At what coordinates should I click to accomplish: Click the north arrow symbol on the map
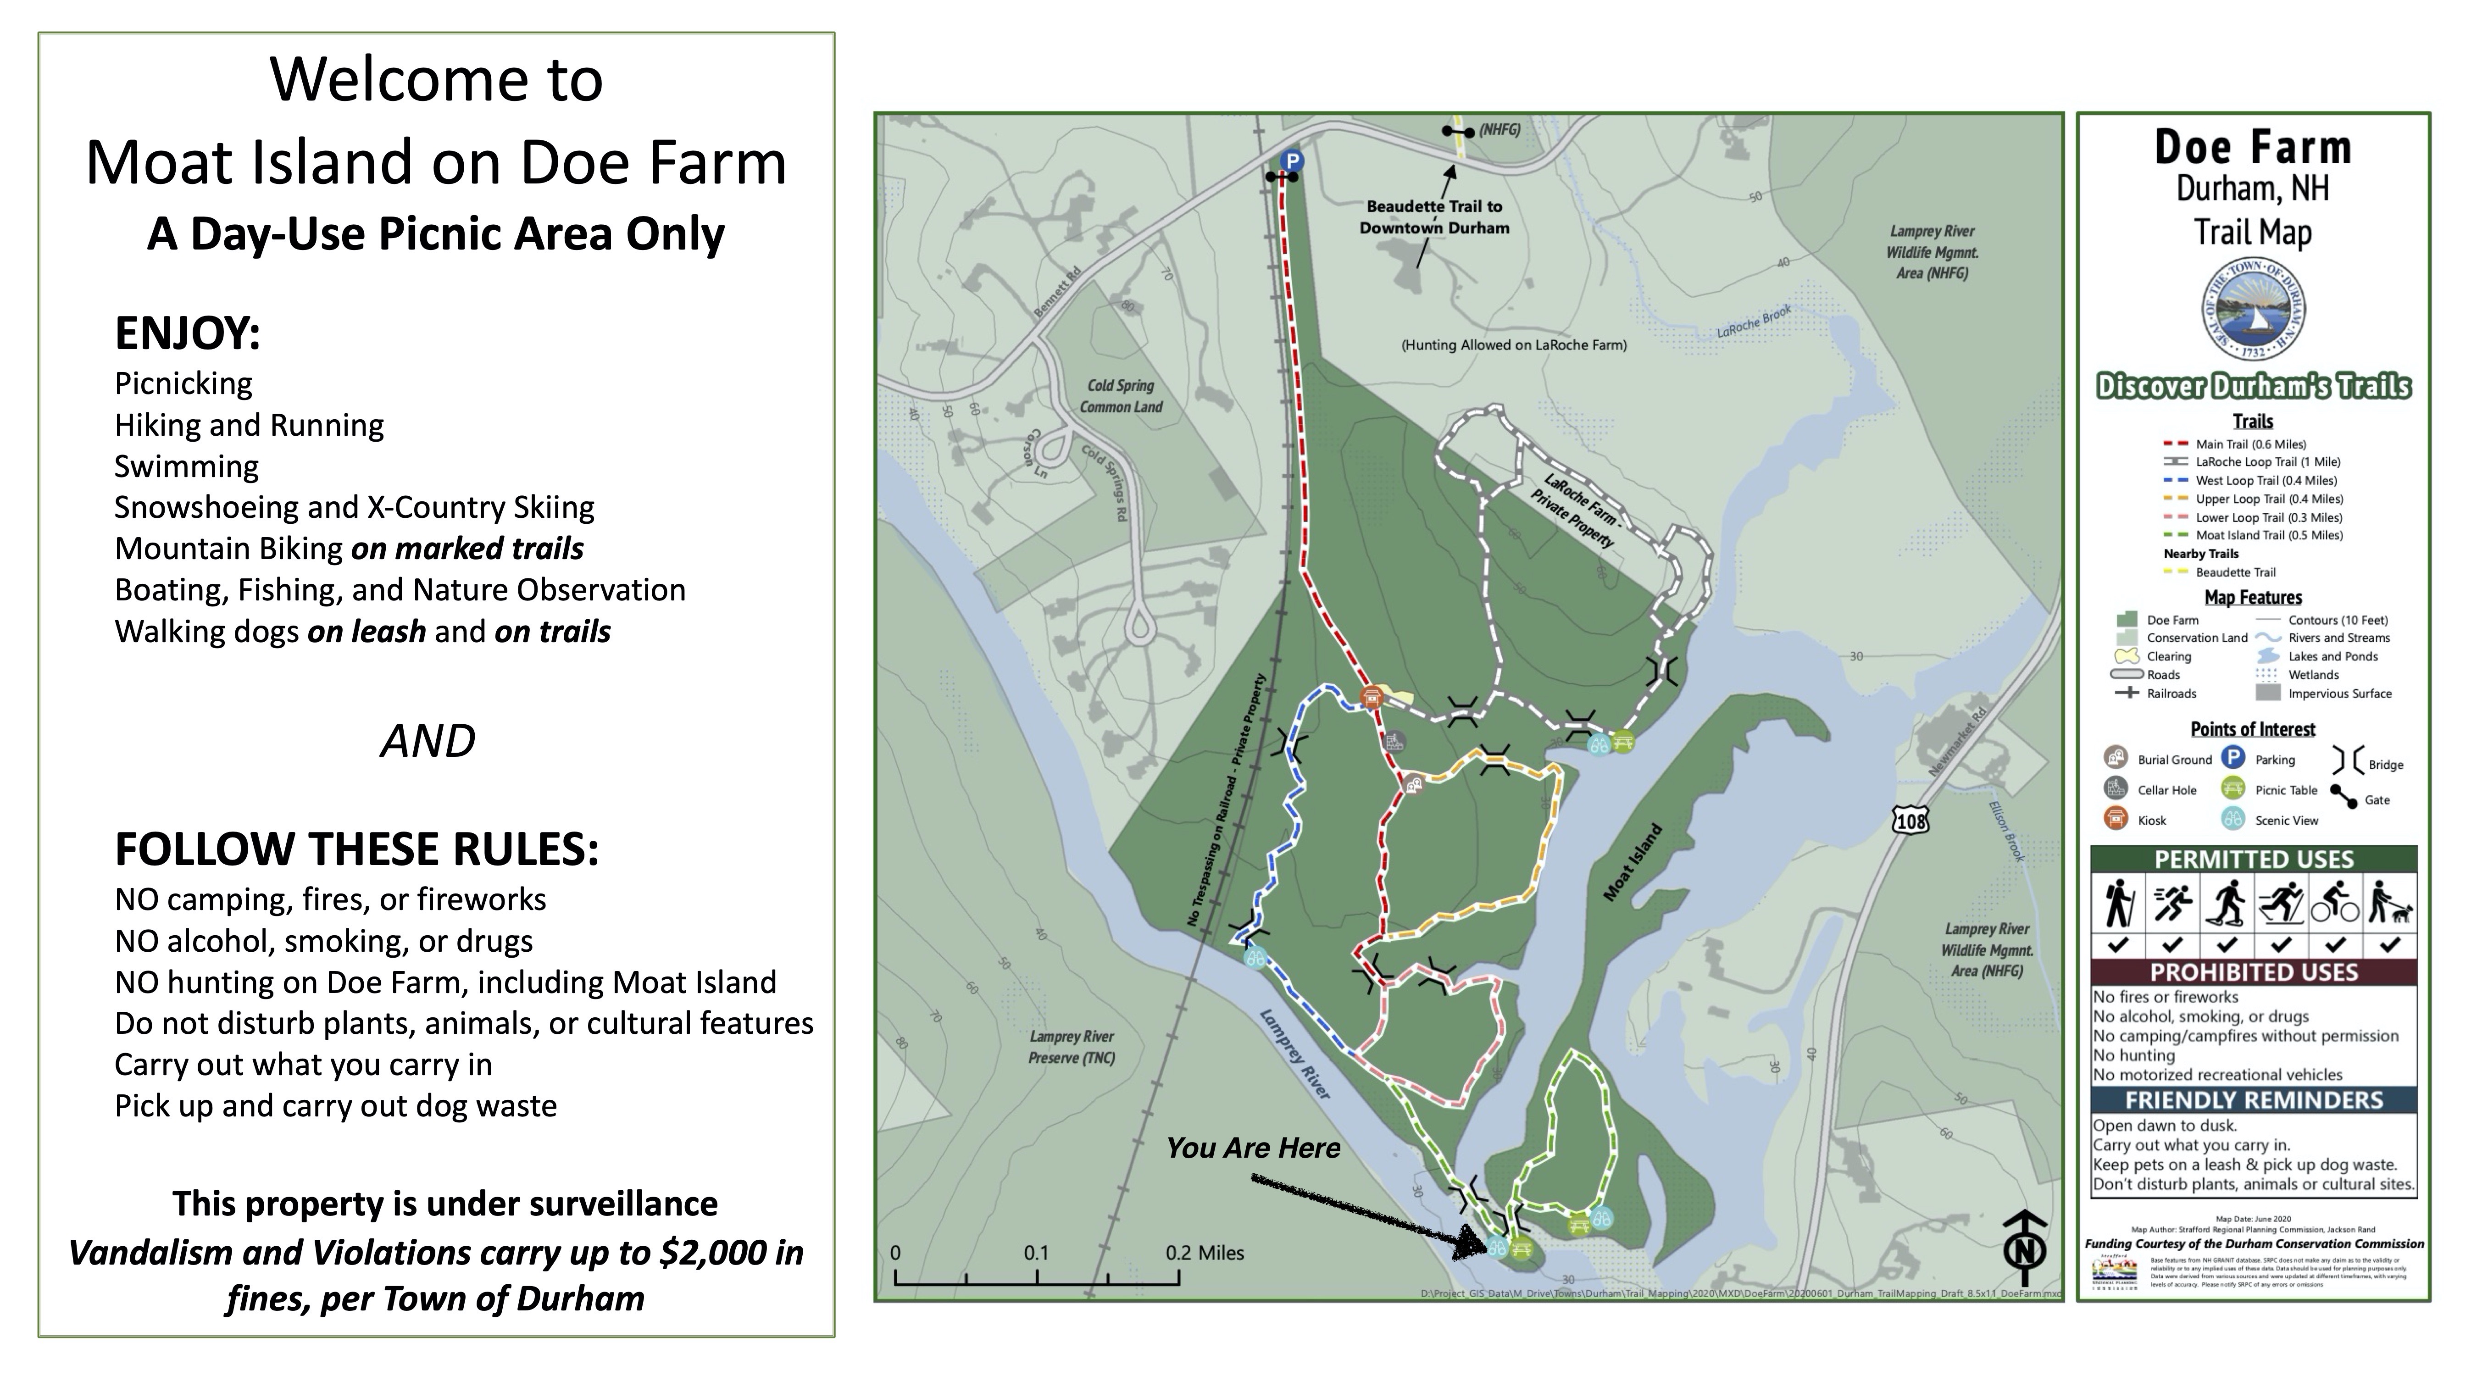coord(2024,1248)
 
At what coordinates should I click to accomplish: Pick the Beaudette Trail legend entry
coord(2235,572)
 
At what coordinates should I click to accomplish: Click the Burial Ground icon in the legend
coord(2116,758)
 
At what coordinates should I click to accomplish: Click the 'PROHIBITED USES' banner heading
coord(2253,972)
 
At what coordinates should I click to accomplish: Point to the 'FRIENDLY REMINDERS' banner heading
coord(2253,1100)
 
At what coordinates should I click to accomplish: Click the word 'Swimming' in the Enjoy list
coord(187,466)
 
